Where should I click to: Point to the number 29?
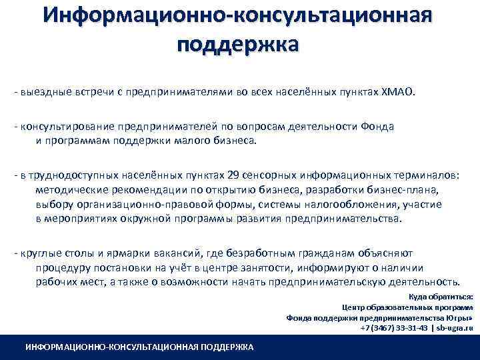(x=233, y=175)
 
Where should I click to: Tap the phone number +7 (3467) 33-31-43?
(x=393, y=329)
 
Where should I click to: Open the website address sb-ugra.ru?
(x=454, y=329)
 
